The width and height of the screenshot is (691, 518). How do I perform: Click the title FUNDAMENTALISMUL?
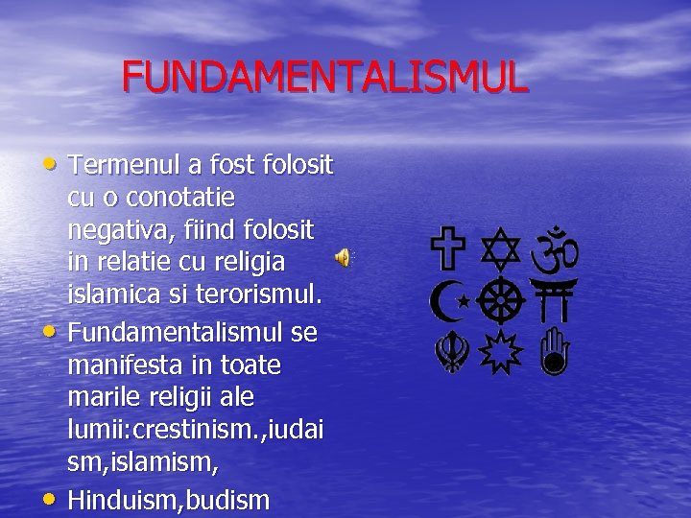[x=324, y=77]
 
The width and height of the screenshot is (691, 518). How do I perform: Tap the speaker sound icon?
[x=342, y=257]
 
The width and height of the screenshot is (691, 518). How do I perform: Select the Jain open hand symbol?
[x=555, y=351]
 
